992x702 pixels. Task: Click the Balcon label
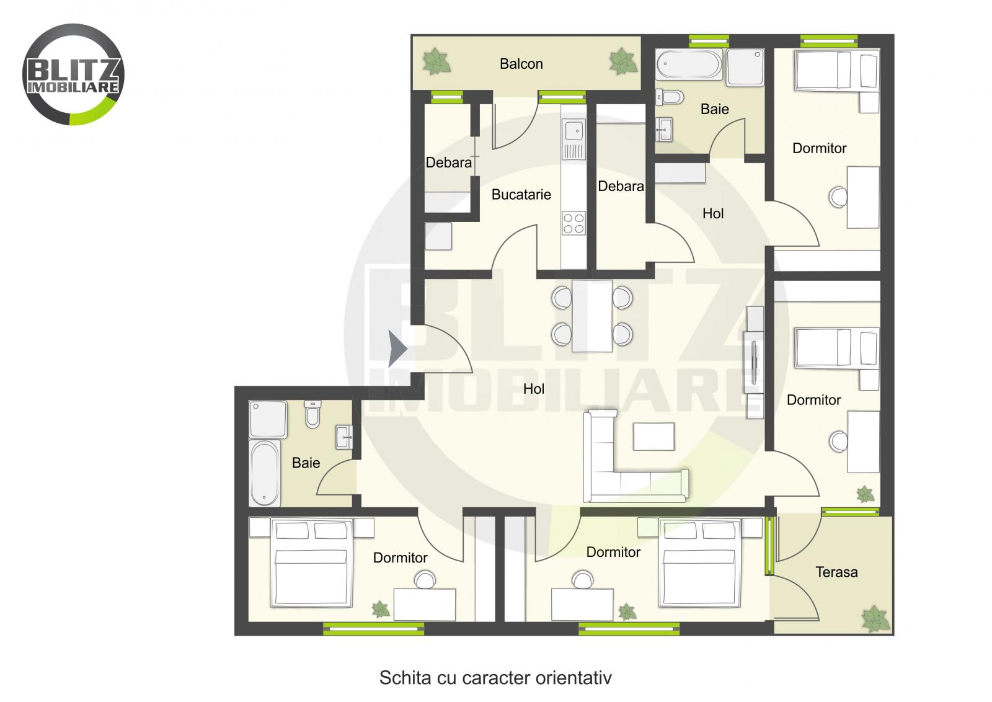[521, 64]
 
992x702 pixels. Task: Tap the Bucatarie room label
[521, 195]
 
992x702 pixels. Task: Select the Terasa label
[836, 572]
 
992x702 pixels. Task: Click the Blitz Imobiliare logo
[73, 74]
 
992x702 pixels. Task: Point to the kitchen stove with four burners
[573, 223]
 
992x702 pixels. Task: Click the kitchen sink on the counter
[573, 131]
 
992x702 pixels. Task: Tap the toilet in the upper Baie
[672, 97]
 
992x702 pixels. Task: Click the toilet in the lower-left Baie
[312, 415]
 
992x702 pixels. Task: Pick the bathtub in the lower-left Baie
[265, 473]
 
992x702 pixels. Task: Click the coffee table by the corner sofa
[653, 436]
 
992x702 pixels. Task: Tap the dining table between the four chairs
[592, 316]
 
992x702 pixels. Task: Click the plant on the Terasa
[875, 618]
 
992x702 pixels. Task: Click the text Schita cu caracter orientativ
[495, 677]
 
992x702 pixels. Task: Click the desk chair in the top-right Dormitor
[838, 197]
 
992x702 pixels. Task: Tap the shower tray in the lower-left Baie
[268, 419]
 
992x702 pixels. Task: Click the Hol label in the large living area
[533, 389]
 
